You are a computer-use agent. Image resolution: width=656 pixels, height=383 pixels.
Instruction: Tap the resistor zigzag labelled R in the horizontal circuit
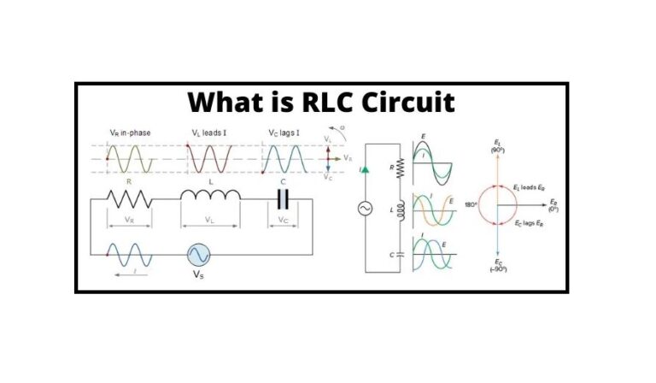click(x=129, y=198)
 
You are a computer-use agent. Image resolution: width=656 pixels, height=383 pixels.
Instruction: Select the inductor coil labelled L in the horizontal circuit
click(x=210, y=196)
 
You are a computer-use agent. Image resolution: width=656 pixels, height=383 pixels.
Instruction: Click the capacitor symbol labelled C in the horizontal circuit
click(x=284, y=198)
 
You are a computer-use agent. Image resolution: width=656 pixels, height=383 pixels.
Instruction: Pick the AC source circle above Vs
click(x=198, y=255)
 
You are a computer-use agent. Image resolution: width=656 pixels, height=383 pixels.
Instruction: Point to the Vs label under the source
click(x=198, y=275)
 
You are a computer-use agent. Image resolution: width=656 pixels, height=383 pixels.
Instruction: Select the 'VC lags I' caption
click(x=284, y=134)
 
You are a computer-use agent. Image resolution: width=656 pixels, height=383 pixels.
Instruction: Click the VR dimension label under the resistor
click(x=129, y=220)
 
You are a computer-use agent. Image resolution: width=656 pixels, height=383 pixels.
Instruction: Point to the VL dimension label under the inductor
click(x=210, y=220)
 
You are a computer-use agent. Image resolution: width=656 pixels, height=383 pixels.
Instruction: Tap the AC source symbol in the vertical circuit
click(x=365, y=209)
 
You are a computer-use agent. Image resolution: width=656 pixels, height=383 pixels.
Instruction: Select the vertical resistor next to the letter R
click(x=399, y=170)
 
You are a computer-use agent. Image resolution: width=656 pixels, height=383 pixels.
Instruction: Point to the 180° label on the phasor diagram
click(x=468, y=207)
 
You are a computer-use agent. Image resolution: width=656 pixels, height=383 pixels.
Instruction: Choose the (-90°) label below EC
click(x=498, y=269)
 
